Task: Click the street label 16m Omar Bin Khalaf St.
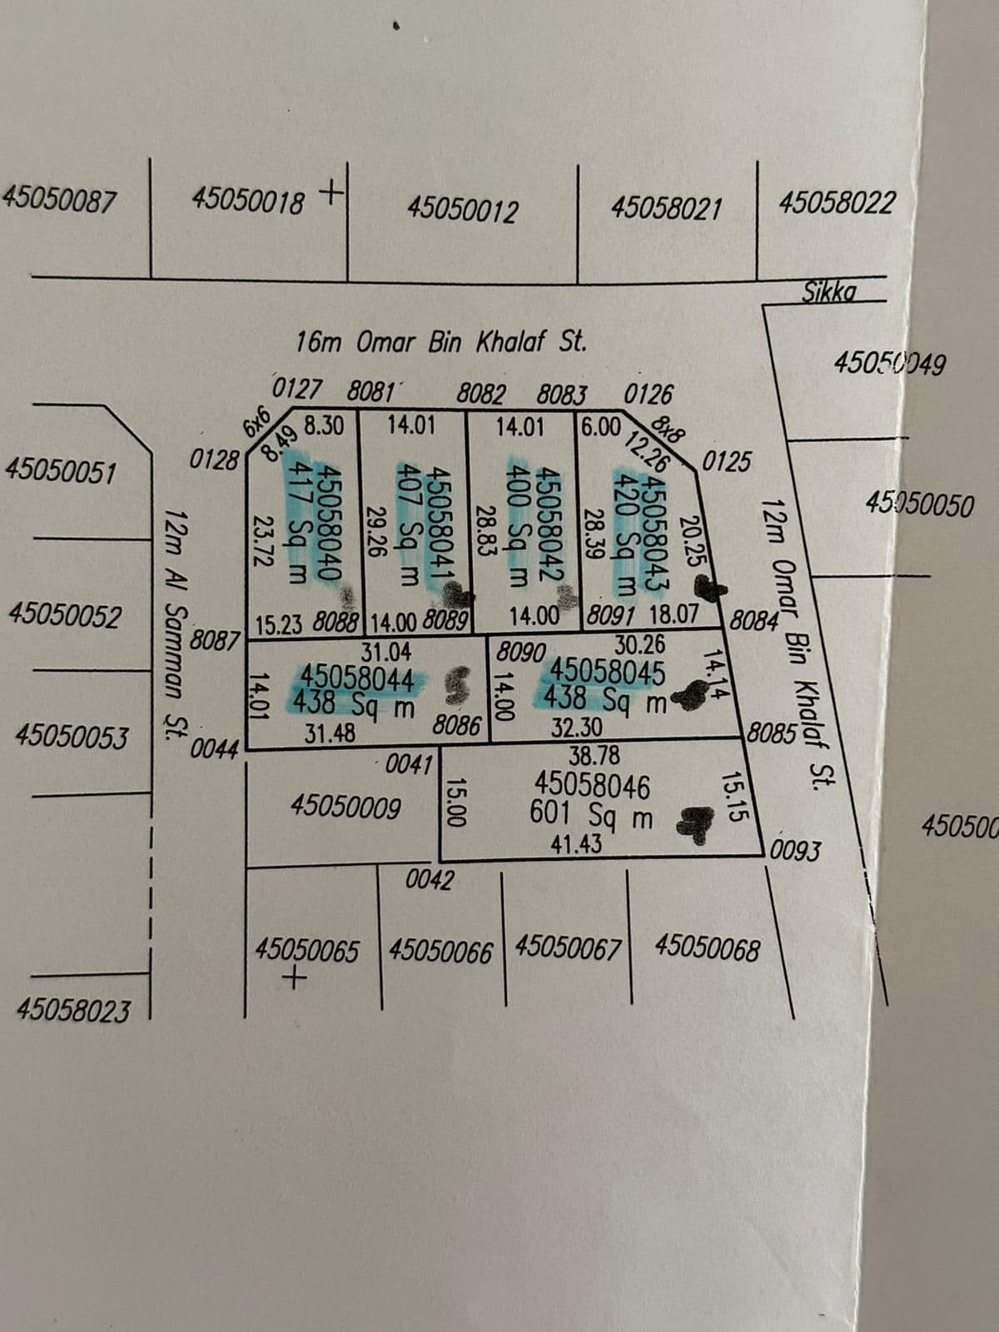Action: tap(442, 341)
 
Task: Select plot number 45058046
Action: tap(592, 785)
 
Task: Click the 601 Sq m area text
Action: tap(592, 816)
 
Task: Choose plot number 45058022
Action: tap(837, 201)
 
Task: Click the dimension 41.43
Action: tap(576, 844)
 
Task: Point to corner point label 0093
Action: tap(796, 851)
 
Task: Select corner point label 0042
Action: tap(430, 879)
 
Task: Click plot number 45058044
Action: tap(357, 678)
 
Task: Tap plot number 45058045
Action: tap(609, 671)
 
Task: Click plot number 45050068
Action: tap(708, 947)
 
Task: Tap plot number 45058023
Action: tap(73, 1011)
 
